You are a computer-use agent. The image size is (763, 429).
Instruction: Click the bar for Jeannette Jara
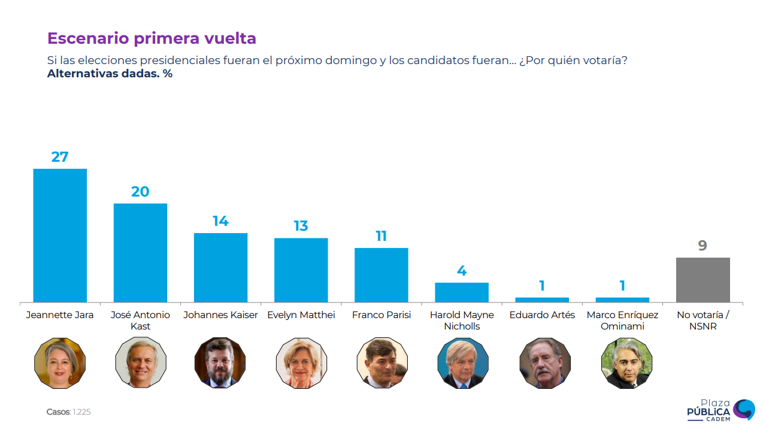[60, 235]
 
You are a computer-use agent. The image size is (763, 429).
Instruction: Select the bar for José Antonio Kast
[140, 253]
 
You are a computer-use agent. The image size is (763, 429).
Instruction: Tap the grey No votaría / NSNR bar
[703, 280]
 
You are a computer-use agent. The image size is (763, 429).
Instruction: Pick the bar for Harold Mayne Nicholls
[462, 292]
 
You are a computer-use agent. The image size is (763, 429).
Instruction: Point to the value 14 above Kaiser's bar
[220, 221]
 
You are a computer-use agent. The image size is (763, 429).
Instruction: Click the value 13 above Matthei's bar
[301, 226]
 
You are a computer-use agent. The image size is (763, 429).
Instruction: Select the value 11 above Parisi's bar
[381, 236]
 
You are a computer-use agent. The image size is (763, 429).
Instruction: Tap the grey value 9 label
[703, 246]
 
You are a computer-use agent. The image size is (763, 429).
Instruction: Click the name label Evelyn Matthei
[301, 315]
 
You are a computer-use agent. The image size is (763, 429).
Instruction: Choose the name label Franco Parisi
[381, 315]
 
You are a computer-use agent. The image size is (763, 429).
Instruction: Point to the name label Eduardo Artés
[542, 315]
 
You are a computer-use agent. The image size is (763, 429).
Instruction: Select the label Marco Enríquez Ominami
[622, 321]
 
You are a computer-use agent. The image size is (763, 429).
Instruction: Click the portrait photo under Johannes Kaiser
[220, 362]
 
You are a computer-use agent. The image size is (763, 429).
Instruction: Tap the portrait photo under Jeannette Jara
[60, 362]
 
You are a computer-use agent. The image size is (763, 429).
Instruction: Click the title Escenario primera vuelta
[152, 38]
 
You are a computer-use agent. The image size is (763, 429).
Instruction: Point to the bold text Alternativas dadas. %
[110, 74]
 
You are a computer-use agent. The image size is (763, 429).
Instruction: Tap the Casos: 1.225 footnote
[68, 412]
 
